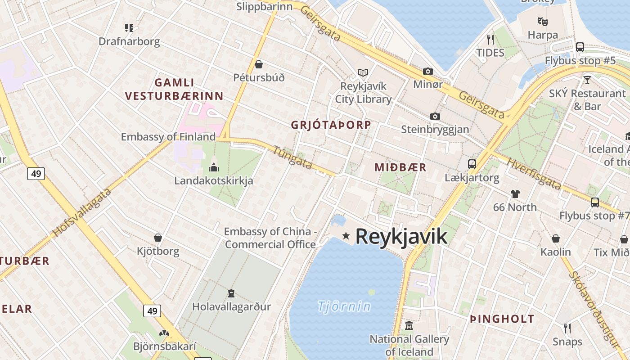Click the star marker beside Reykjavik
[x=346, y=235]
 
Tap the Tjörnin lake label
[x=344, y=307]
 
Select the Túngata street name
[x=292, y=158]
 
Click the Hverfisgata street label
[x=534, y=174]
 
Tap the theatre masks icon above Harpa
[x=542, y=21]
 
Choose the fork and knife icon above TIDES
[x=490, y=39]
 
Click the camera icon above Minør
[x=428, y=71]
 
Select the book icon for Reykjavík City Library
[x=363, y=72]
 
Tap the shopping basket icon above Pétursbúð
[x=259, y=64]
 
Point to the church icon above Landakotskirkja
[x=214, y=167]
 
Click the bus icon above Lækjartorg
[x=472, y=164]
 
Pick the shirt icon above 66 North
[x=515, y=194]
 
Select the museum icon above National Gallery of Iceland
[x=409, y=325]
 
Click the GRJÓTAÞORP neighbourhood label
[x=331, y=125]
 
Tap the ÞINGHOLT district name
[x=502, y=319]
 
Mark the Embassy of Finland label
[x=168, y=136]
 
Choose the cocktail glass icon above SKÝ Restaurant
[x=587, y=80]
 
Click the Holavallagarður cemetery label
[x=231, y=307]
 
